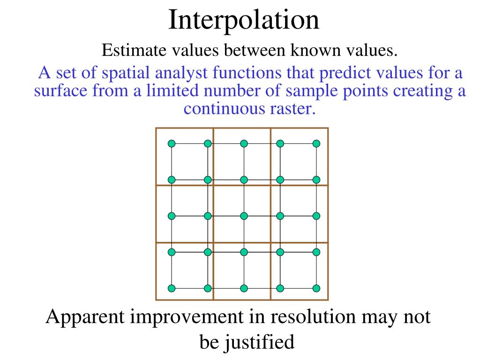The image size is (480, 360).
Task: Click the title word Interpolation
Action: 244,21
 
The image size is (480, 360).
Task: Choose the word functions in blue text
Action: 247,74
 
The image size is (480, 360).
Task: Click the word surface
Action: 59,91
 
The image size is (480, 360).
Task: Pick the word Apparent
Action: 85,317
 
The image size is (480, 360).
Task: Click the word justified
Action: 260,342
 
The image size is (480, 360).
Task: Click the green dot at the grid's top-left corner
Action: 172,143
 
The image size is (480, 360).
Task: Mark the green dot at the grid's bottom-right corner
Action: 316,288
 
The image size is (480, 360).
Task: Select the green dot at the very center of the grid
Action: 244,216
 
